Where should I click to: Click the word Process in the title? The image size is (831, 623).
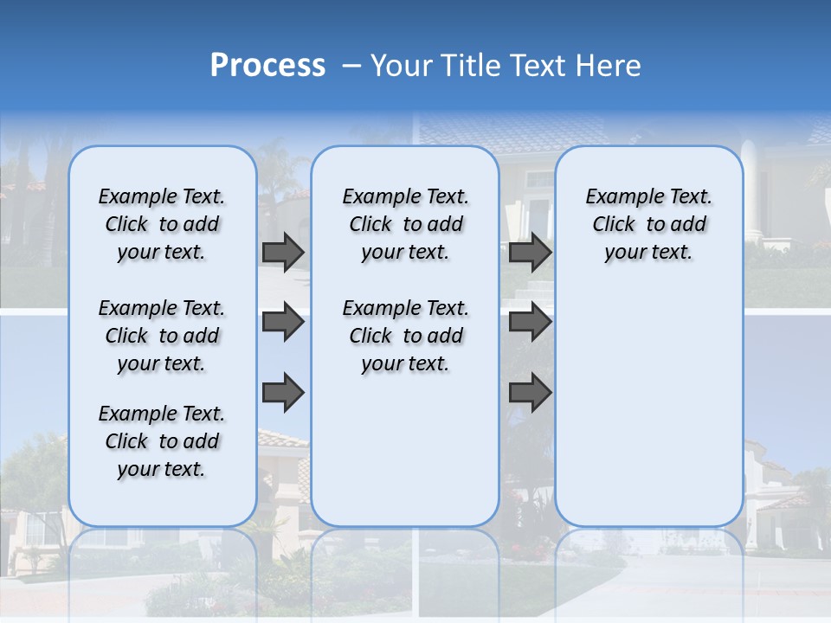(267, 65)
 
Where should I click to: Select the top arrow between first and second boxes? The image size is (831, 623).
(283, 252)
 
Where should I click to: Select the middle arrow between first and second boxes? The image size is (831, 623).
(283, 322)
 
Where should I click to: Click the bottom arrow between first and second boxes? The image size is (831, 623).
(283, 391)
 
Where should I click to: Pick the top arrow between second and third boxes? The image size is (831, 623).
(530, 252)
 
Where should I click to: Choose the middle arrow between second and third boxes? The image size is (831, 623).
(530, 322)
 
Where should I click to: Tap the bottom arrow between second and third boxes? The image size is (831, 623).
(530, 391)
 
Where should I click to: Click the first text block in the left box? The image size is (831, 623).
(162, 224)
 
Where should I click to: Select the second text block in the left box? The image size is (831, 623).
(162, 336)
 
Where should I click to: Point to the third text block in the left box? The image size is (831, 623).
(162, 441)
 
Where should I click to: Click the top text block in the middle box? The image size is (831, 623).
(405, 224)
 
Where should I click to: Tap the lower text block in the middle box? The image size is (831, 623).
(405, 336)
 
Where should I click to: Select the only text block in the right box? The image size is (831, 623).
(648, 224)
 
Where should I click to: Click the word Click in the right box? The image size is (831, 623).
(614, 225)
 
